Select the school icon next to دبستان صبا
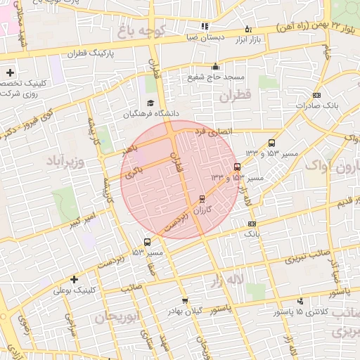(205, 27)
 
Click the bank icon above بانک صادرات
(316, 95)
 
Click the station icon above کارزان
(202, 199)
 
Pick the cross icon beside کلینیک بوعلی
(74, 278)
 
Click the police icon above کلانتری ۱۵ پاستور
(300, 301)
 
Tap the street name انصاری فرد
(211, 131)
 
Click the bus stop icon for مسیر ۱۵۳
(146, 243)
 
